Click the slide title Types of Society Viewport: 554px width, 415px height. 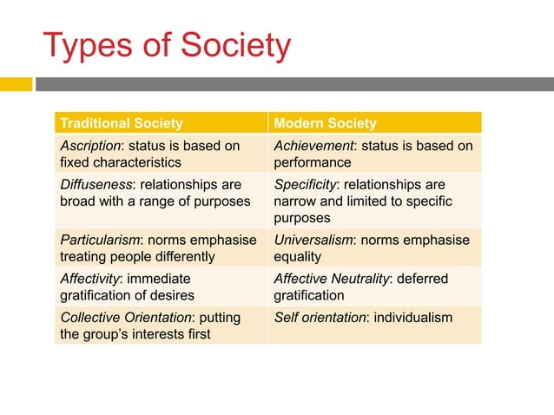pyautogui.click(x=167, y=46)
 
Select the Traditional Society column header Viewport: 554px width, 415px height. pyautogui.click(x=120, y=123)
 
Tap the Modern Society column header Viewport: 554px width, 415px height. pyautogui.click(x=325, y=123)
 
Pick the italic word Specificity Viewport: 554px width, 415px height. pyautogui.click(x=307, y=185)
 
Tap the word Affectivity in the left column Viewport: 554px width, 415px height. pyautogui.click(x=90, y=280)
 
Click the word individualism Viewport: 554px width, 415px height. pyautogui.click(x=413, y=318)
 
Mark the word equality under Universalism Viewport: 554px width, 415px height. pyautogui.click(x=297, y=257)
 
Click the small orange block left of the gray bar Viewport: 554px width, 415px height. pyautogui.click(x=16, y=84)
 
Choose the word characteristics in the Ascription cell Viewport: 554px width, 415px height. pyautogui.click(x=139, y=162)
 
